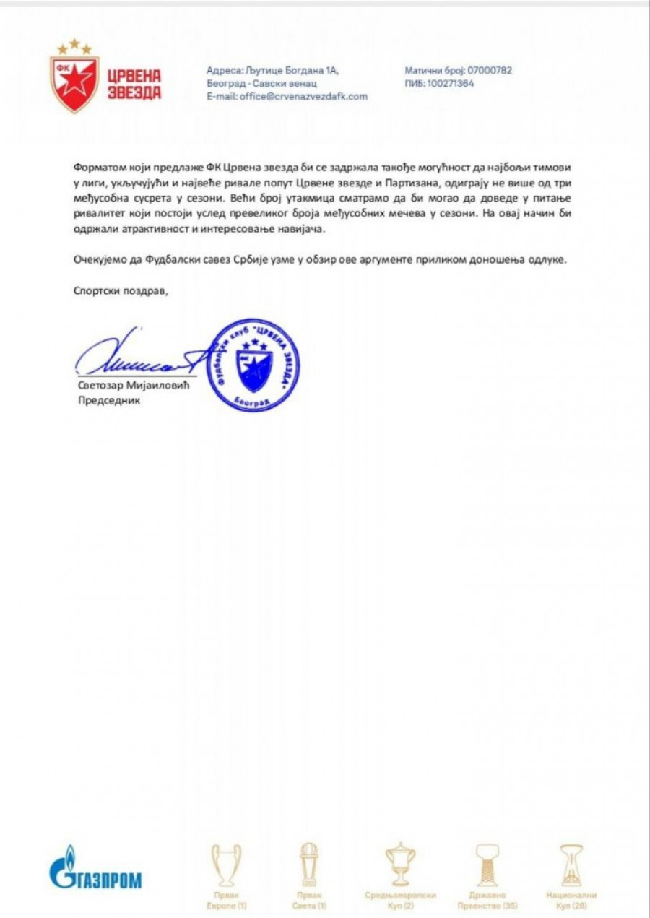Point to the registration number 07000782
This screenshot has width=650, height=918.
(x=490, y=70)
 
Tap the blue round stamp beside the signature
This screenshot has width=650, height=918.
(x=253, y=365)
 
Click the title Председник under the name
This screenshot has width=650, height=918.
(x=109, y=400)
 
